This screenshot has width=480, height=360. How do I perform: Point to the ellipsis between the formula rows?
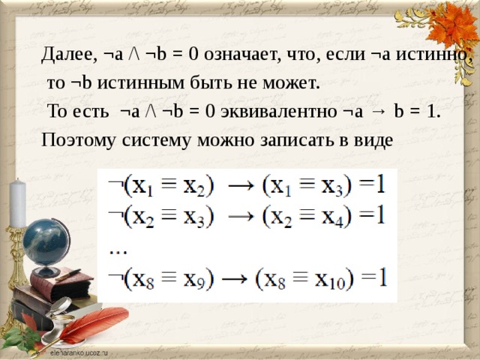(x=118, y=248)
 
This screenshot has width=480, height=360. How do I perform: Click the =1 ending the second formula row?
(x=372, y=216)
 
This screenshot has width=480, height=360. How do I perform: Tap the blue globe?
(x=46, y=244)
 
